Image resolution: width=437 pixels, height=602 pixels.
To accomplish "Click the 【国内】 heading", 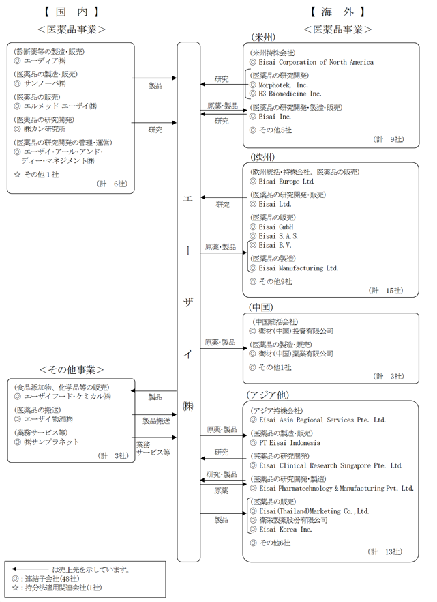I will tap(72, 11).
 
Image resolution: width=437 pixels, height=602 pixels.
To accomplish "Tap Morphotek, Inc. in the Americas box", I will tap(283, 85).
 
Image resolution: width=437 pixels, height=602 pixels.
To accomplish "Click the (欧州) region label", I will tap(263, 157).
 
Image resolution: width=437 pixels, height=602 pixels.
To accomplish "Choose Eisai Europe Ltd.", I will tap(286, 182).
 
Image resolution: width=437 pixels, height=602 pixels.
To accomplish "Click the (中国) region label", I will tap(263, 307).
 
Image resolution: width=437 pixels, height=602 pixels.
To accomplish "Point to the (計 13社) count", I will tap(386, 551).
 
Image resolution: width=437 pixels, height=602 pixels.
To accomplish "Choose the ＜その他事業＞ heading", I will tap(72, 369).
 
